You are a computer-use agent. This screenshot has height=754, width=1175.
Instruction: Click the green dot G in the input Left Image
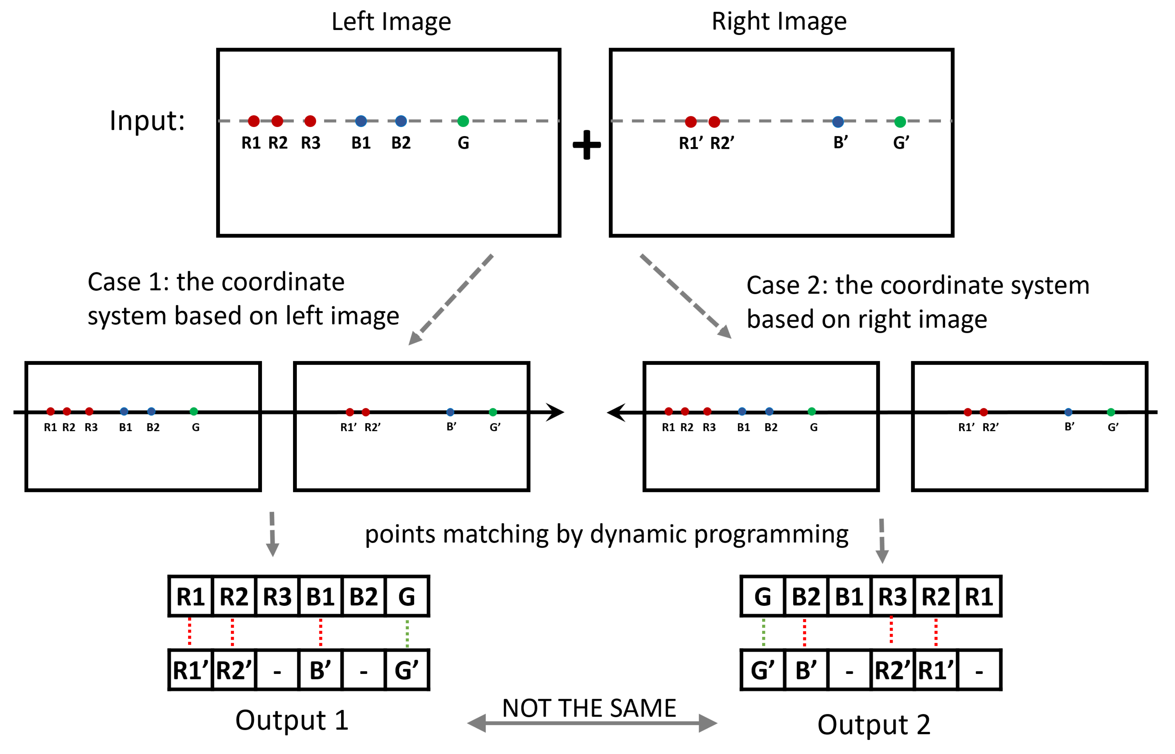(x=463, y=121)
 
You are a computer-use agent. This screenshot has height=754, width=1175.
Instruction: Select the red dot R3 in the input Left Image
(x=310, y=121)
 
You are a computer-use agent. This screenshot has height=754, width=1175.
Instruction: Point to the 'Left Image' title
(x=391, y=22)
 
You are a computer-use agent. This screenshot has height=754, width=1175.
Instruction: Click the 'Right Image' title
(x=779, y=22)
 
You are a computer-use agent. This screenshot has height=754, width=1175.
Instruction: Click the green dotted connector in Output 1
(x=407, y=633)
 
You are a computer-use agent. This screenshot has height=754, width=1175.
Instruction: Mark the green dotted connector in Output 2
(x=764, y=632)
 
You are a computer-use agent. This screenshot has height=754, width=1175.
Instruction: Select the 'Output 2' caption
(x=874, y=725)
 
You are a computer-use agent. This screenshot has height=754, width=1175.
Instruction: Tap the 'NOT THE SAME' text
(x=589, y=708)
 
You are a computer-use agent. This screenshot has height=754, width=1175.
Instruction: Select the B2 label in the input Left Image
(x=401, y=143)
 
